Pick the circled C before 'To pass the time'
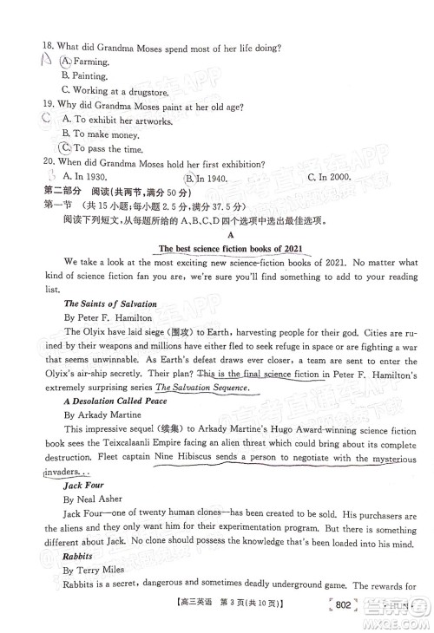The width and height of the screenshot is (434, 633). [x=65, y=148]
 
